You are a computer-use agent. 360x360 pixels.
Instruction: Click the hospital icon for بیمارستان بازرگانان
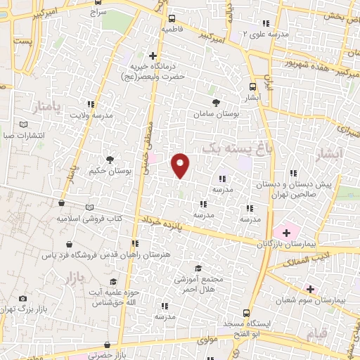click(x=286, y=231)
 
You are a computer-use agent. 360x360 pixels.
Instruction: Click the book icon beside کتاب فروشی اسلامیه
click(x=89, y=207)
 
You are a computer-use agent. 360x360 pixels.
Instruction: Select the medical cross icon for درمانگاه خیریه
click(x=153, y=55)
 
